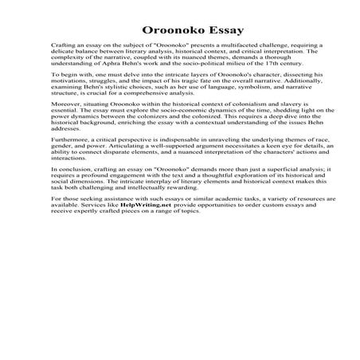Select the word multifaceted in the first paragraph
click(225, 48)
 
